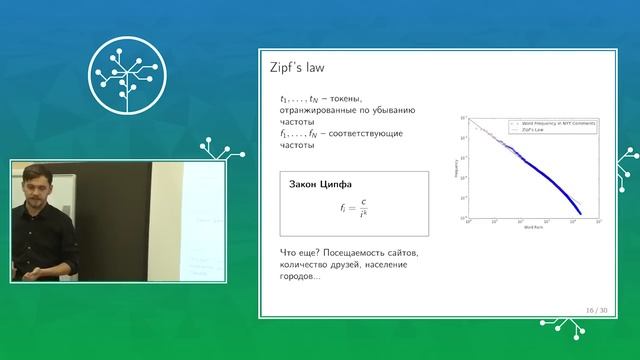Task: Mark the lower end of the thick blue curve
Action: tap(582, 213)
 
